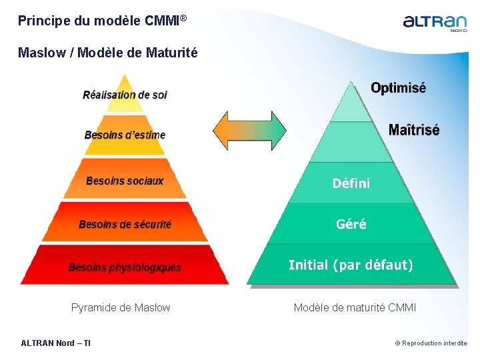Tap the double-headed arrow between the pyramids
tap(249, 130)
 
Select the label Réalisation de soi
tap(125, 95)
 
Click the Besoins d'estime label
tap(125, 135)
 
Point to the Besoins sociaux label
tap(125, 181)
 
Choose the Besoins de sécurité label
tap(125, 224)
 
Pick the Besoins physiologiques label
tap(125, 267)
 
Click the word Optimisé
tap(398, 88)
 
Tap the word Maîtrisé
tap(413, 129)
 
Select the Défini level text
tap(351, 183)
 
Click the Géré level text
tap(351, 224)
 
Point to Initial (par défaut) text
tap(351, 265)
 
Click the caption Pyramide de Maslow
tap(121, 307)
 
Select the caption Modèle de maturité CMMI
tap(355, 307)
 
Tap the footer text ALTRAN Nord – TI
tap(56, 343)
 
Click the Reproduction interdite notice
tap(431, 343)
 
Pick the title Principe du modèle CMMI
tap(98, 21)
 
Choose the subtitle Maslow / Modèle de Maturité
tap(108, 53)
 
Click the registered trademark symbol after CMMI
tap(183, 18)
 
